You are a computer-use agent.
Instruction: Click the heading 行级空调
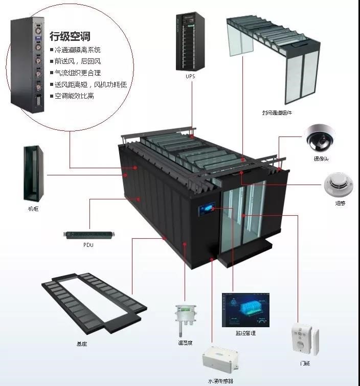[x=70, y=36]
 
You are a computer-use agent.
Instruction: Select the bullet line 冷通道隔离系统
[x=78, y=50]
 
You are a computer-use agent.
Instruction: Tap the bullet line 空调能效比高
[x=74, y=96]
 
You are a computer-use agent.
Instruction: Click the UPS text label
[x=191, y=77]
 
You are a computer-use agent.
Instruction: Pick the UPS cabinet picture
[x=191, y=42]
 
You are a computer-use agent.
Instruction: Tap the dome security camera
[x=320, y=137]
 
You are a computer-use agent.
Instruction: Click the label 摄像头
[x=321, y=159]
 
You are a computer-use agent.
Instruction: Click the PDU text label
[x=88, y=245]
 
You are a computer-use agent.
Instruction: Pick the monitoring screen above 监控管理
[x=245, y=309]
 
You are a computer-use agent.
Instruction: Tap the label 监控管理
[x=245, y=333]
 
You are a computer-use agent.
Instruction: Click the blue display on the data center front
[x=206, y=210]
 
